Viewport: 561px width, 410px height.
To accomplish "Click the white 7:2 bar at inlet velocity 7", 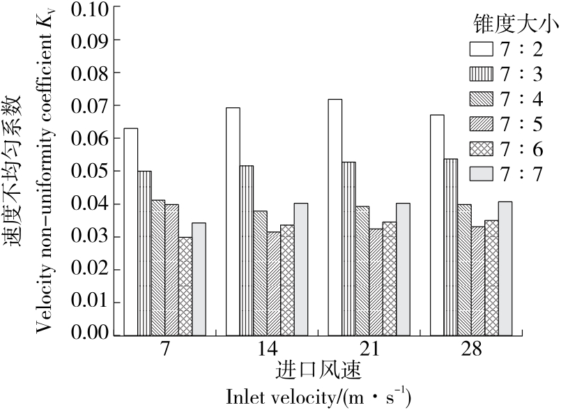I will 130,231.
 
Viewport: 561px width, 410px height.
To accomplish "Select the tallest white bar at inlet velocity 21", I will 335,217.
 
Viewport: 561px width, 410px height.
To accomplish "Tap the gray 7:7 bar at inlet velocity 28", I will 486,268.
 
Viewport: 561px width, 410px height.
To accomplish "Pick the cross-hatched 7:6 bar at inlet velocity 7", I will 185,286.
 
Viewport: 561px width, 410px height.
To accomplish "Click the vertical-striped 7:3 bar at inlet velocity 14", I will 246,250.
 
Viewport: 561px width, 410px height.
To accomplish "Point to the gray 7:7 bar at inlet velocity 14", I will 300,269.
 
